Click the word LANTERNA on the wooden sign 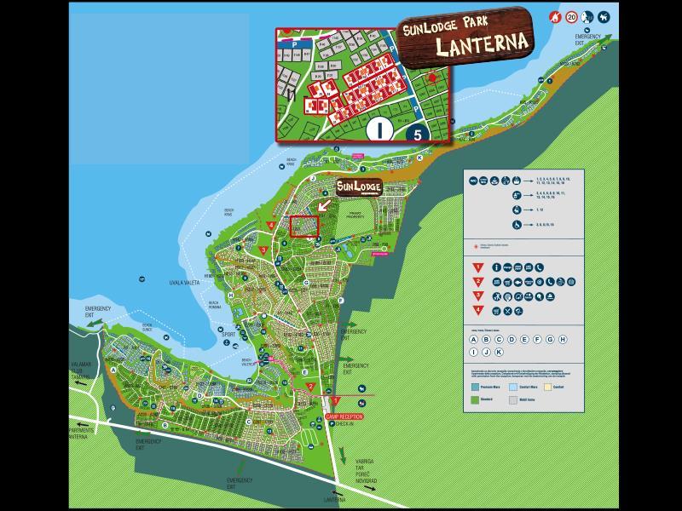482,43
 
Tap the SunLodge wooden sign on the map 358,187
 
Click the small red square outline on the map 303,226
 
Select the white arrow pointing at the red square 324,204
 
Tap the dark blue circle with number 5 417,132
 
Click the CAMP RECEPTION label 344,416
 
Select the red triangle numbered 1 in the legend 479,267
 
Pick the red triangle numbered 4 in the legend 479,311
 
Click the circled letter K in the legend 500,352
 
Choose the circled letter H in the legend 564,339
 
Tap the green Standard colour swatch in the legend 474,398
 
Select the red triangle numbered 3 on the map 264,250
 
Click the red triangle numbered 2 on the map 311,386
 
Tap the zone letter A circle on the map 113,370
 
